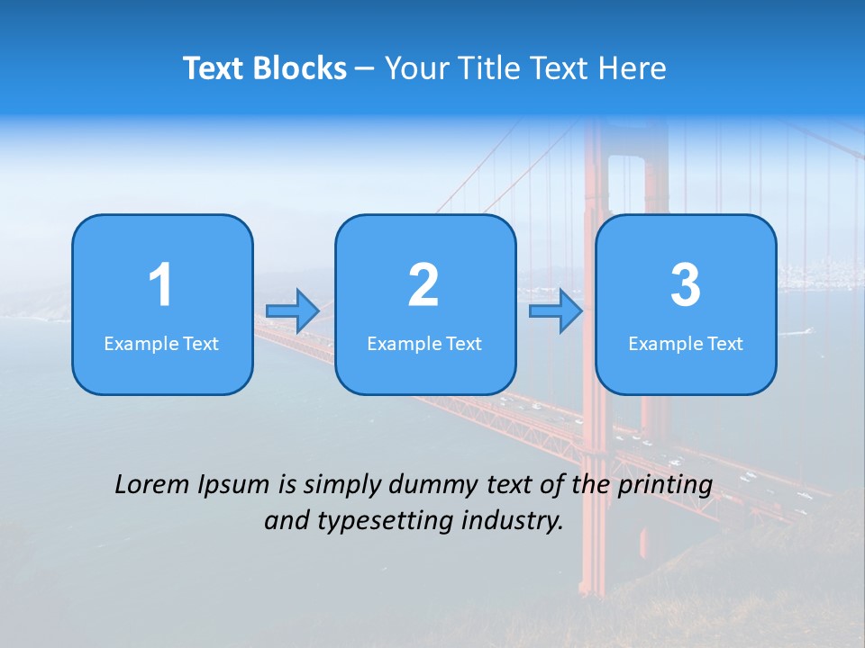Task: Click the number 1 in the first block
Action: coord(160,285)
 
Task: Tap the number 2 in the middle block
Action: coord(423,285)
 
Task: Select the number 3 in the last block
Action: coord(686,285)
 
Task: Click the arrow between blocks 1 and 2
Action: coord(293,311)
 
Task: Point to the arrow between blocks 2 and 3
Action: coord(556,311)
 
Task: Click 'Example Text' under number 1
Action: coord(161,344)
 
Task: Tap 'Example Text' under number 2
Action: coord(424,344)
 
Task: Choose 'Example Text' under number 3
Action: coord(686,344)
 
